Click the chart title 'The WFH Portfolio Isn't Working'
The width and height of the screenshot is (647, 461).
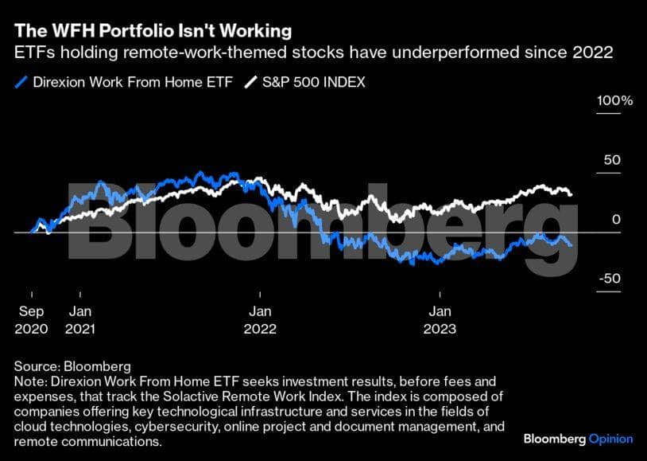tap(152, 31)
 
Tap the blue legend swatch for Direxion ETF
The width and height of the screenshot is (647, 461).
tap(21, 82)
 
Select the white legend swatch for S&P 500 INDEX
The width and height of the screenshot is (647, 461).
tap(251, 82)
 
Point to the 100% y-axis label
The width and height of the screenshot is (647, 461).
tap(615, 101)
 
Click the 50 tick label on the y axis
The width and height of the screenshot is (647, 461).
tap(610, 159)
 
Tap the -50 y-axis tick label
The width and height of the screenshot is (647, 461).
tap(609, 279)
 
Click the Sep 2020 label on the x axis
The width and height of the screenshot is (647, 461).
tap(32, 319)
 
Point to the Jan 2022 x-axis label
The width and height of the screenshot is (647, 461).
tap(260, 319)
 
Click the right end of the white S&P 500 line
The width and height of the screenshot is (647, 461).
tap(571, 194)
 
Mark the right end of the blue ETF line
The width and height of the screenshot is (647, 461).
tap(571, 245)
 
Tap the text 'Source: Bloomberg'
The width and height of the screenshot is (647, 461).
tap(72, 366)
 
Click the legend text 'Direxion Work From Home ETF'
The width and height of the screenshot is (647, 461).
tap(133, 82)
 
